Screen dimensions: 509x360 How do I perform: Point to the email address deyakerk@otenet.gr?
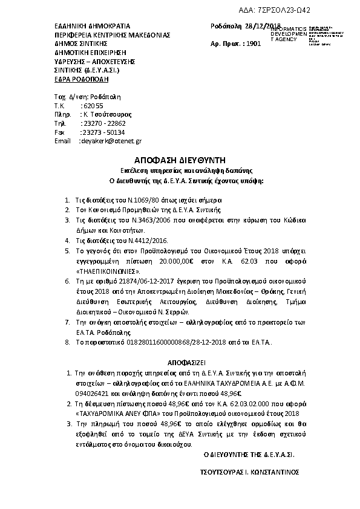coord(111,141)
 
